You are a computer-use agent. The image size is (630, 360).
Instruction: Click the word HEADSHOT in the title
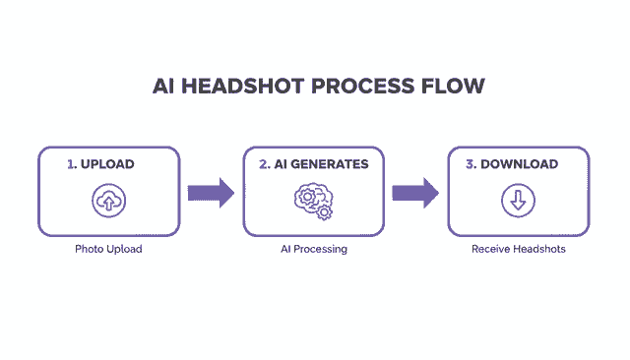pos(245,86)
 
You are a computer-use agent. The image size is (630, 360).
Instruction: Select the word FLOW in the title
pos(453,86)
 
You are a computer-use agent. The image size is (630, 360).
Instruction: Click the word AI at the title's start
pos(165,86)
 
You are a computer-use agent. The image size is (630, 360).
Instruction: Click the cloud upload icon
pos(108,202)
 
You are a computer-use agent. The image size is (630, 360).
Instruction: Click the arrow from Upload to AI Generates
pos(211,192)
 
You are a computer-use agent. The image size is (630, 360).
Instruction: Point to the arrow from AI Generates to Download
pos(415,192)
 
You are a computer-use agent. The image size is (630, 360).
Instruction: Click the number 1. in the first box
pos(72,164)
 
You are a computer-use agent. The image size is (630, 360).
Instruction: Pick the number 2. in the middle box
pos(265,164)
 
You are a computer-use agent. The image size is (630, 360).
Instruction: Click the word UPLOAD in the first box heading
pos(108,164)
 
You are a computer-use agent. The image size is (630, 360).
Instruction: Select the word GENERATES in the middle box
pos(331,164)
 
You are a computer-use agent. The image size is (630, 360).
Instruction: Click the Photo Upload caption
pos(108,249)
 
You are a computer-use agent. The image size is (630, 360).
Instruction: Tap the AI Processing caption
pos(313,249)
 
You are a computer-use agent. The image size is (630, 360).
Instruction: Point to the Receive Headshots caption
pos(518,249)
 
